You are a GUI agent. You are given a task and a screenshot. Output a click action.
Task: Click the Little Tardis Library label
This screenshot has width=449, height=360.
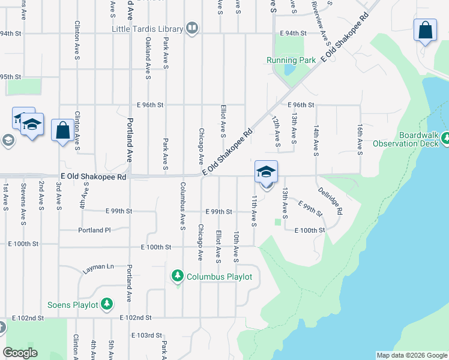tap(147, 29)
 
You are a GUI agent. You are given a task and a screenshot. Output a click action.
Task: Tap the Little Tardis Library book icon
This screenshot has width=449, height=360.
tap(192, 28)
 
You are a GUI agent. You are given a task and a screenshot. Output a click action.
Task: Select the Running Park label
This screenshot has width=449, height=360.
tap(291, 60)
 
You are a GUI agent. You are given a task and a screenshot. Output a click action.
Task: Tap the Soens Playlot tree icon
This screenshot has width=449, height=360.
tap(107, 304)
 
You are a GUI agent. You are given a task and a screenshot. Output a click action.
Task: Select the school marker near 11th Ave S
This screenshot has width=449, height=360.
tap(266, 172)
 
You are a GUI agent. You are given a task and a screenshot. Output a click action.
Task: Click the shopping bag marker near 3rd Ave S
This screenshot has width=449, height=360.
tap(63, 130)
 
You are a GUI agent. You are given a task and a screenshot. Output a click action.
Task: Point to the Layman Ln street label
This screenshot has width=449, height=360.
tap(98, 266)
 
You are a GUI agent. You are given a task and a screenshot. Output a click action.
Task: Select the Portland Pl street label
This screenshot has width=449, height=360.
tap(94, 230)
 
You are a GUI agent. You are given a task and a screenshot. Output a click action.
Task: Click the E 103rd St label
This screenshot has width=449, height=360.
tap(146, 335)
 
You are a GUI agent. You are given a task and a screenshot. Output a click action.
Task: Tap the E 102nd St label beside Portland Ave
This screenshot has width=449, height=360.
tap(136, 317)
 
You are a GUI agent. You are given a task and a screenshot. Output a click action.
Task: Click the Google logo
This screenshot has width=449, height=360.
tap(20, 353)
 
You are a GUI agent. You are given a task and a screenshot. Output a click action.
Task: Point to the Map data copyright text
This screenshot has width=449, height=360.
tap(412, 355)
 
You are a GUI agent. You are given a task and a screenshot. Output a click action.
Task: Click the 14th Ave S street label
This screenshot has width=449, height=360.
tap(315, 139)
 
